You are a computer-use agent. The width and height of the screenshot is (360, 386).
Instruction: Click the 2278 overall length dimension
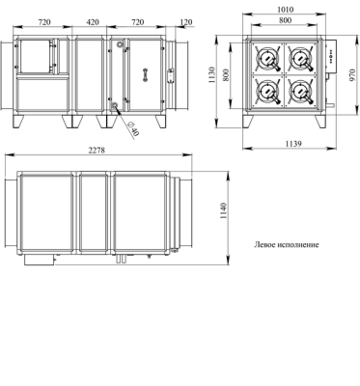tap(97, 151)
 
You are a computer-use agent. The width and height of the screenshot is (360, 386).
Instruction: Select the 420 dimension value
tap(93, 22)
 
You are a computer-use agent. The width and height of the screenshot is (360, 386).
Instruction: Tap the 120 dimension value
tap(186, 22)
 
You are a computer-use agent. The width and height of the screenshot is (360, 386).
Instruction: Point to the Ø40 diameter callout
tap(133, 129)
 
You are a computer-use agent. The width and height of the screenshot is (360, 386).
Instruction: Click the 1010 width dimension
tap(286, 10)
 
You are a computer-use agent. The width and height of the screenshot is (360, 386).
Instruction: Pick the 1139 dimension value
tap(293, 144)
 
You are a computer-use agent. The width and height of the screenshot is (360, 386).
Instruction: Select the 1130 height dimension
tap(212, 75)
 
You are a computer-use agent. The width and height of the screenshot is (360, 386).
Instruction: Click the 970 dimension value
tap(353, 75)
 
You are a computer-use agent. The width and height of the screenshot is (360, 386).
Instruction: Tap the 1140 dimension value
tap(224, 211)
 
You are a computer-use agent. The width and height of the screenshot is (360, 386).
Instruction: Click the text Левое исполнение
tap(287, 245)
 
